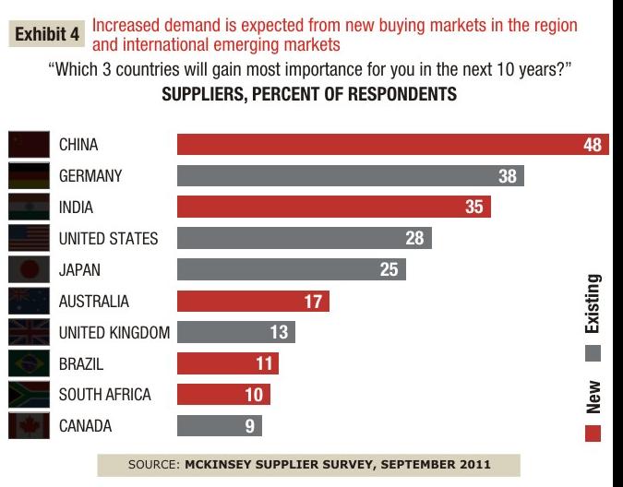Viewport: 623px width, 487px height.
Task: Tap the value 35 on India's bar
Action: pos(474,208)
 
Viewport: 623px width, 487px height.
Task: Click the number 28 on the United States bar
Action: pos(414,239)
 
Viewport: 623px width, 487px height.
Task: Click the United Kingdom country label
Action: pos(114,333)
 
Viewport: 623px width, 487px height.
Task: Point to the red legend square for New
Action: pos(593,433)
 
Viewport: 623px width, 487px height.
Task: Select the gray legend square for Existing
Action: pos(593,351)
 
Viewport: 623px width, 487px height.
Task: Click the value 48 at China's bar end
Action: pos(592,146)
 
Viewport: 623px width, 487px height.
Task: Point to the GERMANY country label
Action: pos(90,176)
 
